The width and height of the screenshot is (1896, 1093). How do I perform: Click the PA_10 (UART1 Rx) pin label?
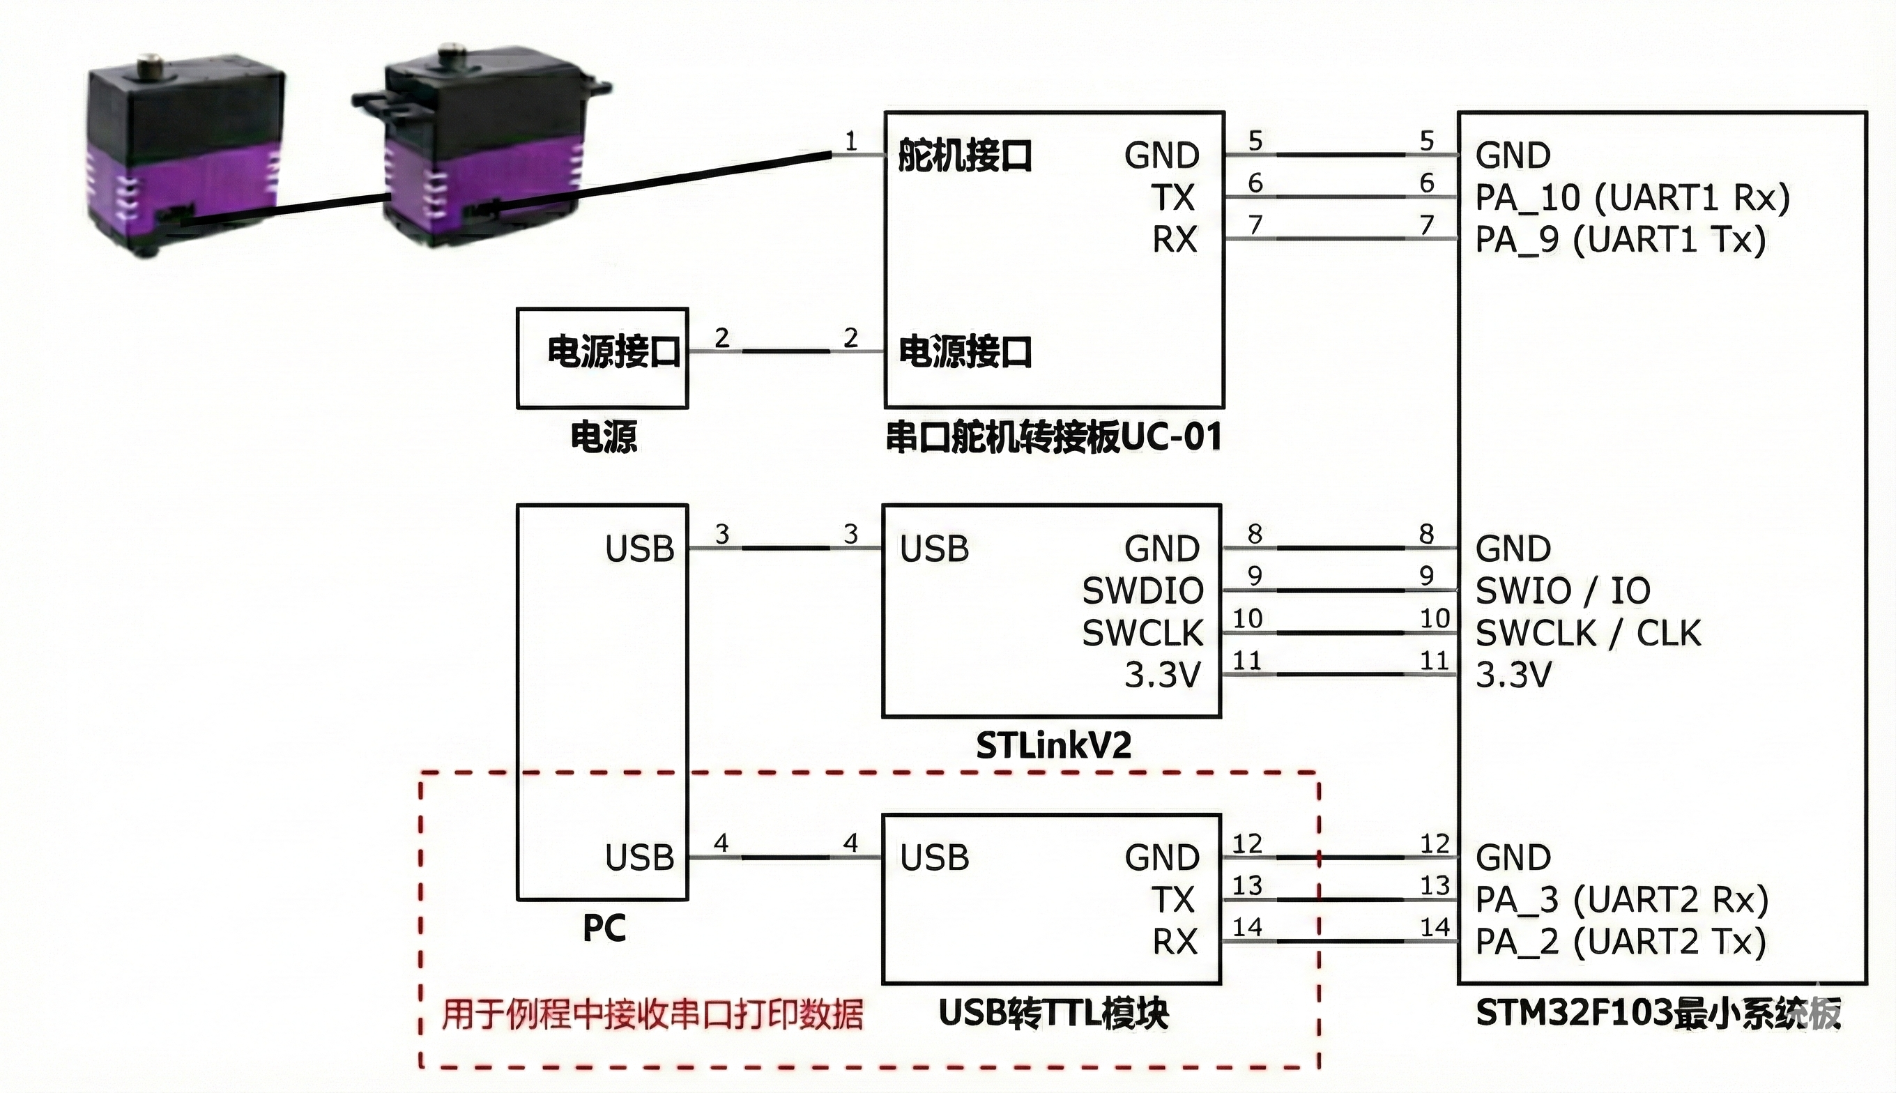(x=1633, y=197)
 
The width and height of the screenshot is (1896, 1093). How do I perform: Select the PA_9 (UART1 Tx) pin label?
(x=1621, y=240)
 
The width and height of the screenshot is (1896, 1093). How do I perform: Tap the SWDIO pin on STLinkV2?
(x=1142, y=591)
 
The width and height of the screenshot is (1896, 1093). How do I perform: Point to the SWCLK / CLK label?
(x=1587, y=633)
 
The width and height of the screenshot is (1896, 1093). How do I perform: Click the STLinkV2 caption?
(x=1053, y=745)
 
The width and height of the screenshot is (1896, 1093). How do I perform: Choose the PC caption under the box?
(x=604, y=928)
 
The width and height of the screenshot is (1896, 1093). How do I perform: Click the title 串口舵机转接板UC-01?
(x=1054, y=437)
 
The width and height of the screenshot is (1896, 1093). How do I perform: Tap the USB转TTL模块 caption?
(x=1054, y=1014)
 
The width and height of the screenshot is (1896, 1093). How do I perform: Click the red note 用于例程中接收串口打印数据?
(x=652, y=1014)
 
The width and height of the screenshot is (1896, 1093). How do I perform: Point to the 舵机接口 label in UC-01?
(x=965, y=155)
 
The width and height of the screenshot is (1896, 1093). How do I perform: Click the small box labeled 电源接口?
(x=603, y=358)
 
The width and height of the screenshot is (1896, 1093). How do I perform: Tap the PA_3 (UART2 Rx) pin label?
(x=1622, y=899)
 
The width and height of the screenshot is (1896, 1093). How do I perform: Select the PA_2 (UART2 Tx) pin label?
(x=1621, y=941)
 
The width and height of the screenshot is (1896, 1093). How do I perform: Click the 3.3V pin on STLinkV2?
(x=1163, y=675)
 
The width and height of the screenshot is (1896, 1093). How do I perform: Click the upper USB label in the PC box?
(x=639, y=549)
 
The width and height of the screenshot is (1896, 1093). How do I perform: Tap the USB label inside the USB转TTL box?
(x=935, y=857)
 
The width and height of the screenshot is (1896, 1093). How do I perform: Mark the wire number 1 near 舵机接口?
(x=850, y=140)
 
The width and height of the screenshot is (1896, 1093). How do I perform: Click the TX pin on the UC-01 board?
(x=1173, y=197)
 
